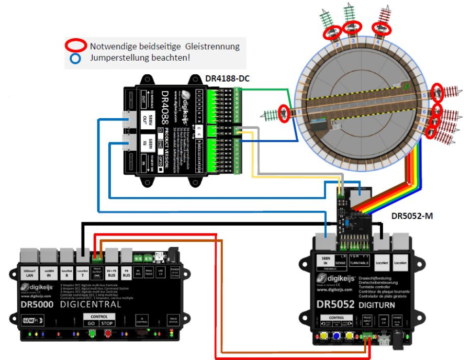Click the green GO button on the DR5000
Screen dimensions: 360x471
(91, 323)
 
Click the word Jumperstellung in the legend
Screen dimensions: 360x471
(117, 58)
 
